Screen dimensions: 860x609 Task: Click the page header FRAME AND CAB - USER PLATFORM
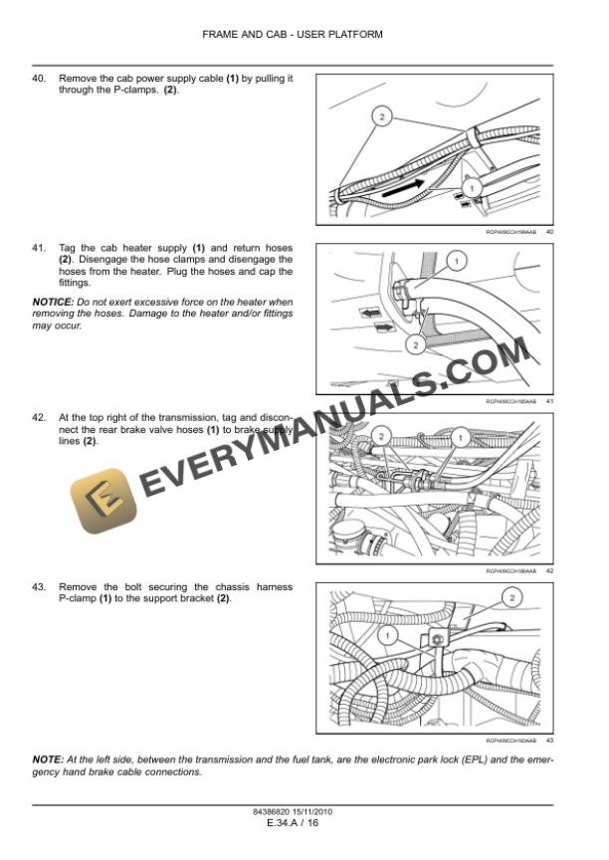point(292,34)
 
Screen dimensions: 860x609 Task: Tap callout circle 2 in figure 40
point(380,117)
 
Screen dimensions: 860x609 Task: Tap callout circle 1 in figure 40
point(472,186)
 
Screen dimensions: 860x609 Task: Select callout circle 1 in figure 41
point(456,262)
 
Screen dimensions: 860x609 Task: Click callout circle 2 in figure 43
point(511,598)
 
